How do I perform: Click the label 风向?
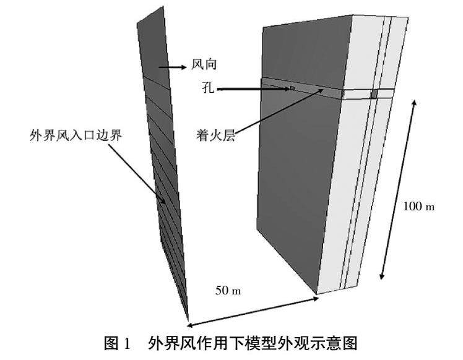pos(206,64)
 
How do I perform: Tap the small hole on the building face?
pos(292,89)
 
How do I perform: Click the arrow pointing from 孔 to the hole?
pos(254,90)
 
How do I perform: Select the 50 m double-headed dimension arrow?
pos(254,311)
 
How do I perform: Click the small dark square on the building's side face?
pos(373,94)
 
